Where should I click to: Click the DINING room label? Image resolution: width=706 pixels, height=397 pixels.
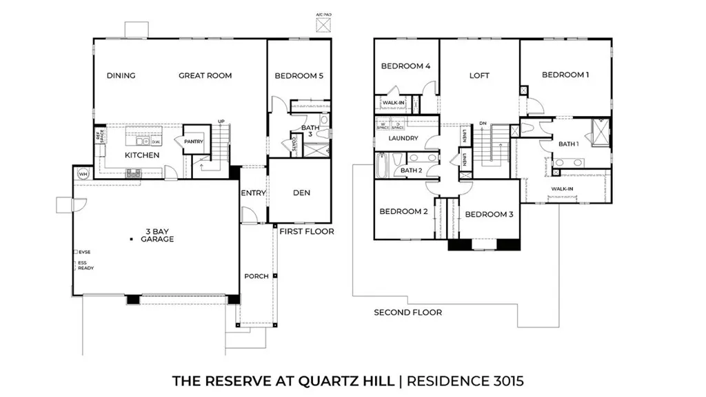121,76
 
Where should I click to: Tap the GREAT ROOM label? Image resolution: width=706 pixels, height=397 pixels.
205,76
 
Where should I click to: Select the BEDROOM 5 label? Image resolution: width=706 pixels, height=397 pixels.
299,76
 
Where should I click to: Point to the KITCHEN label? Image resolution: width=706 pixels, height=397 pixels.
142,155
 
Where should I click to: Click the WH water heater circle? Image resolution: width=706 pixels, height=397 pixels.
83,174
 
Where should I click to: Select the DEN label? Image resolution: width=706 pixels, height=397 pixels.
301,193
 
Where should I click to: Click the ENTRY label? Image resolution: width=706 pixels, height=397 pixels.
253,193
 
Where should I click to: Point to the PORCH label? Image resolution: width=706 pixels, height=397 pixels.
256,277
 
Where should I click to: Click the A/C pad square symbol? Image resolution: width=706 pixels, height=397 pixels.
323,25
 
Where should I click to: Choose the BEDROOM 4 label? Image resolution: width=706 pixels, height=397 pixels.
406,66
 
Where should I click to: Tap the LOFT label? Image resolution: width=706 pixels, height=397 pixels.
479,76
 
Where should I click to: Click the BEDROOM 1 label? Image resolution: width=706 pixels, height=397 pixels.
565,75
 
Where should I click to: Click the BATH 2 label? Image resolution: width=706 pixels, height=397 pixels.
411,171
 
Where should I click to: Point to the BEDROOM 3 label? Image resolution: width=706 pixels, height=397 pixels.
489,215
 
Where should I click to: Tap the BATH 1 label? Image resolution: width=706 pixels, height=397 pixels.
569,144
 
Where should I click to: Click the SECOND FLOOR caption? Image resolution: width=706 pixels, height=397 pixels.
407,313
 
